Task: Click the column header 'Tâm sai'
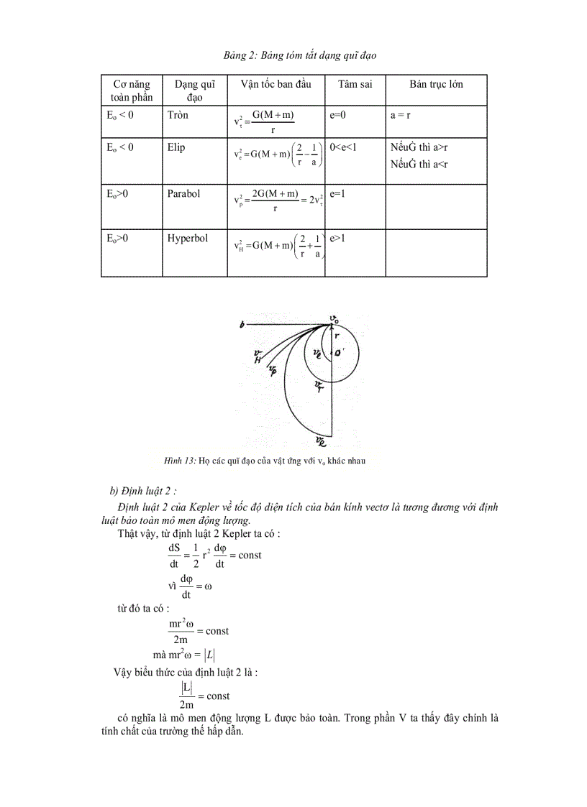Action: click(355, 85)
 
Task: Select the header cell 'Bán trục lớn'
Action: click(436, 85)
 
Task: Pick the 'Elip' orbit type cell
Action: click(176, 147)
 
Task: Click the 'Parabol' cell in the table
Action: click(183, 194)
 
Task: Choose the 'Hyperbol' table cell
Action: click(187, 239)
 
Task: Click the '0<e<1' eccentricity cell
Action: click(343, 147)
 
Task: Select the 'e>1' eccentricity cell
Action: click(337, 239)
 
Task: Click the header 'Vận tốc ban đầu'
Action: click(276, 85)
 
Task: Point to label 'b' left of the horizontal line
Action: click(242, 326)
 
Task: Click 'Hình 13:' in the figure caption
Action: click(181, 461)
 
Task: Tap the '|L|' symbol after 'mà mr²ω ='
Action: click(209, 654)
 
